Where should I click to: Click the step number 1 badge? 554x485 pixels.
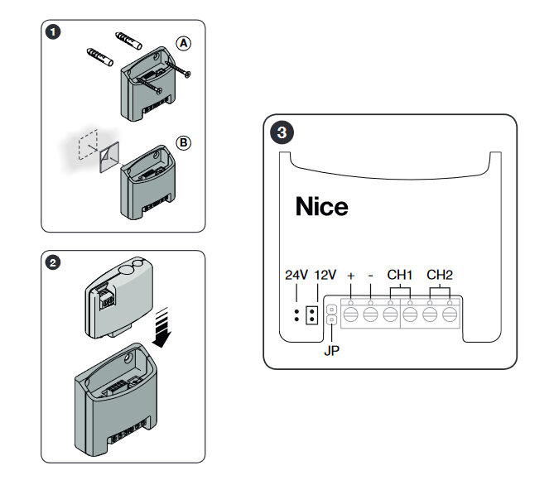coord(53,32)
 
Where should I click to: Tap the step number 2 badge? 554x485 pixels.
coord(53,263)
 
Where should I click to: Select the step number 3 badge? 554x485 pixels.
coord(282,132)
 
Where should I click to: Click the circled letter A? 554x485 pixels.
coord(183,43)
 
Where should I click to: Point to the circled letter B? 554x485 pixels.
coord(183,142)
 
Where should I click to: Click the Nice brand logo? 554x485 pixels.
coord(321,207)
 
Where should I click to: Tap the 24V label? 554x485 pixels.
coord(296,275)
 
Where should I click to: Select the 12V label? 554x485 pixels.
coord(325,275)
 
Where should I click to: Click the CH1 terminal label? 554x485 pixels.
coord(400,275)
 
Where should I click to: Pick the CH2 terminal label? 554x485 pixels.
coord(440,275)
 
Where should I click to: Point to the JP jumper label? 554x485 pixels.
coord(331,351)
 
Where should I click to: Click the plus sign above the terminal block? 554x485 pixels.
coord(351,276)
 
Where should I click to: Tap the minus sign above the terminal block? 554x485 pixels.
coord(370,276)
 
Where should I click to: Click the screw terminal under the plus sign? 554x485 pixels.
coord(351,314)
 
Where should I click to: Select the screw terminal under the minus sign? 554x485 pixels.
coord(371,314)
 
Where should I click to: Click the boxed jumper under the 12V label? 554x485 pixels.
coord(311,315)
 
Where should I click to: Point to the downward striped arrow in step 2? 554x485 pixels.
coord(161,327)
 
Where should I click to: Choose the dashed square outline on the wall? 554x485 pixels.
coord(88,145)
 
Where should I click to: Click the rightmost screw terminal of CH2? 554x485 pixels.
coord(450,314)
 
